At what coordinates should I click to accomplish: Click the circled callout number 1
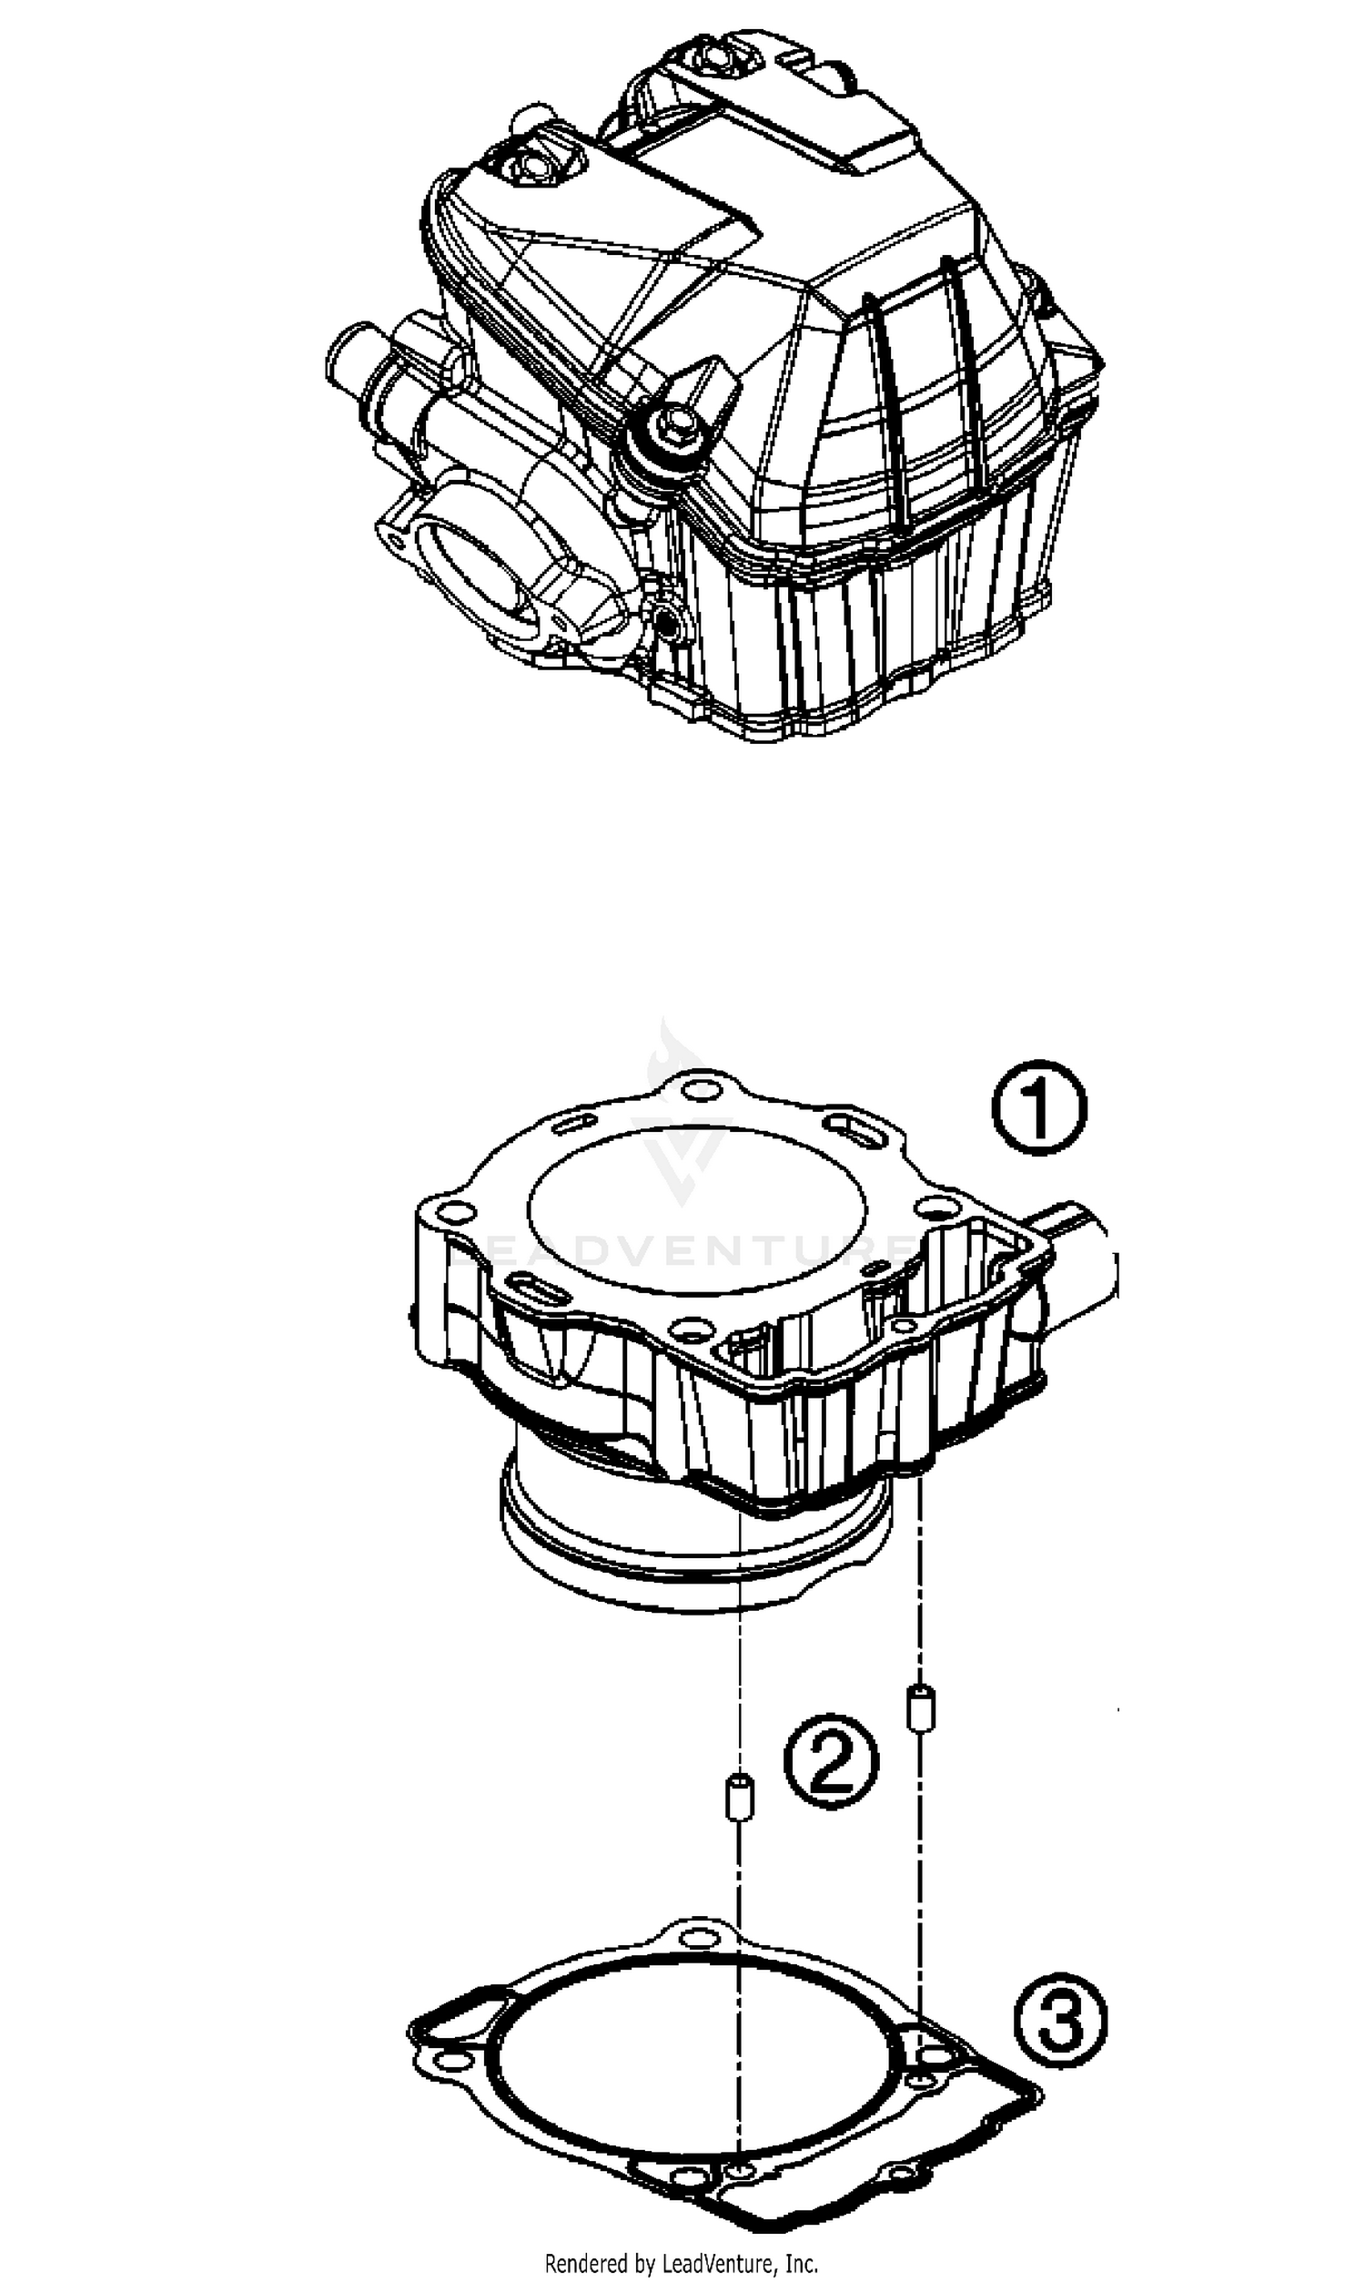(1038, 1108)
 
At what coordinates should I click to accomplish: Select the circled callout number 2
(831, 1761)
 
